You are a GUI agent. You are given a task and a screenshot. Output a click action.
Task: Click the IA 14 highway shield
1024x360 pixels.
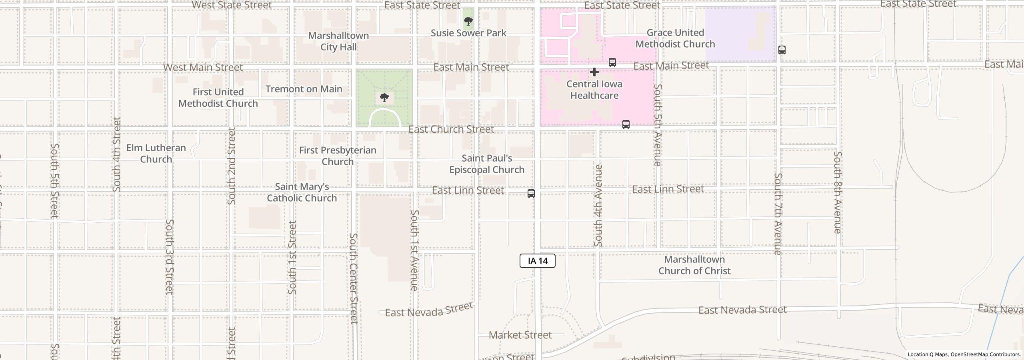pos(537,261)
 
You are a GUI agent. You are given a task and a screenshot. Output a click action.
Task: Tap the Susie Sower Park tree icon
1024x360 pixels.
pos(468,21)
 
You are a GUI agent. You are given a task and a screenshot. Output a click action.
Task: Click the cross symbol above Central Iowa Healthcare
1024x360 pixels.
pos(594,72)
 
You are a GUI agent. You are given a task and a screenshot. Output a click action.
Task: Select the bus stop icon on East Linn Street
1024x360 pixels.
pos(531,194)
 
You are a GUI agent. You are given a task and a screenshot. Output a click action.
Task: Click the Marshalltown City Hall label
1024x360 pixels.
pos(338,41)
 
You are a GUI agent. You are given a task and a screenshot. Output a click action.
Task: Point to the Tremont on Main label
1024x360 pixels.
pos(304,89)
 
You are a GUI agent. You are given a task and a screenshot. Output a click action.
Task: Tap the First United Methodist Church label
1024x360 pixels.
pos(218,98)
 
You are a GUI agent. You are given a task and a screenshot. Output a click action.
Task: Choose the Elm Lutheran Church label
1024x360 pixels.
pos(156,153)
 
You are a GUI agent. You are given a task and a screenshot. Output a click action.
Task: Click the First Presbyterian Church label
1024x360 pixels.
pos(338,156)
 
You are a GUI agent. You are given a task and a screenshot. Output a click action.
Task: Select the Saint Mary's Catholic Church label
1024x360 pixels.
pos(302,192)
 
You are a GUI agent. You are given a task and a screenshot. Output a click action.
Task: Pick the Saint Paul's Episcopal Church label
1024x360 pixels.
pos(487,164)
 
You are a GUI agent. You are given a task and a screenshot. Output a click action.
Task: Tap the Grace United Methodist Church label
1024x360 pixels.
pos(675,38)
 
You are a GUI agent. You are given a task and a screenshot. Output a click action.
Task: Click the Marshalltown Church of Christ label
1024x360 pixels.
pos(694,265)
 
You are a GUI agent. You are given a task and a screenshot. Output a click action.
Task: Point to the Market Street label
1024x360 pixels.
pos(520,335)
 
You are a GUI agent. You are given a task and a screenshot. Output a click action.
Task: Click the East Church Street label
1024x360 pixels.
pos(451,129)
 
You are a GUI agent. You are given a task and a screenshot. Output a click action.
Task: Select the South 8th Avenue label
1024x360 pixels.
pos(838,192)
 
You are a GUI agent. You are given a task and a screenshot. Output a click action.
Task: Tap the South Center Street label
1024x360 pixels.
pos(353,278)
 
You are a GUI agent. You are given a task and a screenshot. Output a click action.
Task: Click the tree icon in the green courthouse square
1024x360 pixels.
pos(384,97)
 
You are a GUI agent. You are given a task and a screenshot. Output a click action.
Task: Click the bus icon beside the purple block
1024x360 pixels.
pos(782,50)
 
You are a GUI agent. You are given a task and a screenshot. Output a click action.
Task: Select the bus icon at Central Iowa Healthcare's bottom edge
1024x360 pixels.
pos(626,124)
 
